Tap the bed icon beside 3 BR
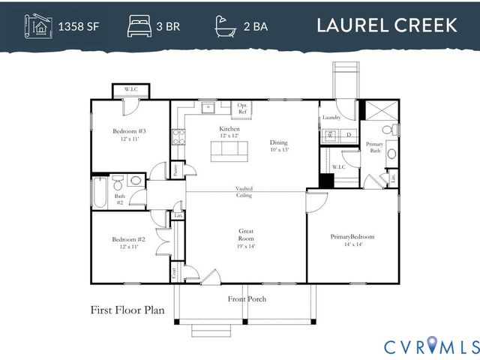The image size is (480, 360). [139, 25]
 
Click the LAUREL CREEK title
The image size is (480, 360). [386, 25]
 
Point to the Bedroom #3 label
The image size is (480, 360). [129, 134]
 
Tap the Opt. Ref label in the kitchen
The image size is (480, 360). [243, 109]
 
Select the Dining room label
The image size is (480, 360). [279, 145]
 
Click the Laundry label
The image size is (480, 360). [331, 118]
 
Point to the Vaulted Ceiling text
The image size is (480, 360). [244, 192]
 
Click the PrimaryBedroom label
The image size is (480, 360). [352, 240]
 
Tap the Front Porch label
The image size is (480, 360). [247, 299]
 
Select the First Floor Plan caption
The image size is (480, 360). [128, 309]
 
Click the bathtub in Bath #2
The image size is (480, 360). [98, 192]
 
